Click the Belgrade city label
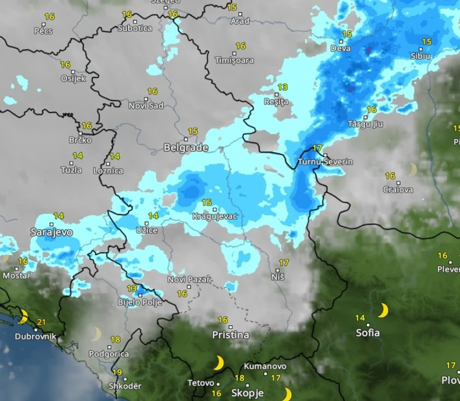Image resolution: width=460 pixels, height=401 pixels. tap(186, 148)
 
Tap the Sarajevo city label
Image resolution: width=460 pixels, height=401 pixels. tap(52, 232)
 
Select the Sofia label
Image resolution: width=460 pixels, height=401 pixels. tap(367, 333)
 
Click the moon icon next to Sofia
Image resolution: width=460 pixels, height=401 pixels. tap(383, 310)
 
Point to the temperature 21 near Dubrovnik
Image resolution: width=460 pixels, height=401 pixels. tap(41, 322)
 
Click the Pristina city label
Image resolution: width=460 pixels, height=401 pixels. tap(231, 335)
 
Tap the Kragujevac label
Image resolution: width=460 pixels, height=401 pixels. tap(215, 217)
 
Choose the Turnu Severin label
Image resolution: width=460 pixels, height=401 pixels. tap(325, 162)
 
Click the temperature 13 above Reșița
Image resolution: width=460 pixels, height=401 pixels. tap(282, 87)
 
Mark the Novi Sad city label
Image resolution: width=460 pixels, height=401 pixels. tap(146, 105)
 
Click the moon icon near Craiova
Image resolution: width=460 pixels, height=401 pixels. tap(412, 169)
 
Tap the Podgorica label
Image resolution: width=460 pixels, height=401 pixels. tap(109, 353)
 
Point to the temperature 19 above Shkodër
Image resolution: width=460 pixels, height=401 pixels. tap(117, 372)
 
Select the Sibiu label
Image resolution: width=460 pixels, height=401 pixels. tap(420, 56)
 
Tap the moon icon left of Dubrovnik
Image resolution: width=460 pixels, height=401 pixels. tap(23, 317)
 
